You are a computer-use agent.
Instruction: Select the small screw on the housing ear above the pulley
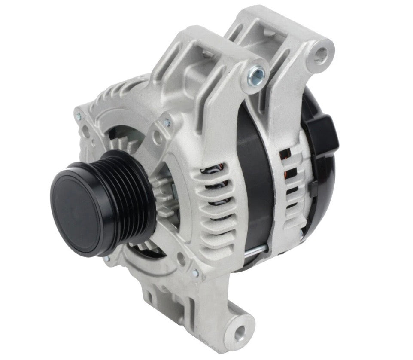[x=166, y=123]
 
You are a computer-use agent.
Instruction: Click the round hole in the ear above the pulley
[x=157, y=137]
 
